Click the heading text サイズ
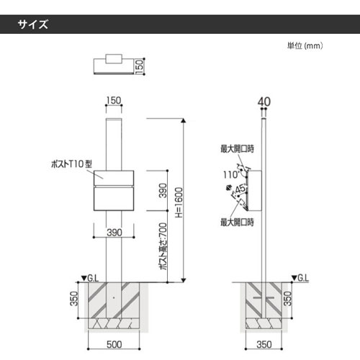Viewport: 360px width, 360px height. pos(33,24)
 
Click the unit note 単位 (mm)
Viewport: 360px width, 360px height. pos(305,45)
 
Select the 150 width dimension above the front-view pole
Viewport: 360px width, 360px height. pos(113,100)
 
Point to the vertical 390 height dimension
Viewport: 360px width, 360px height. pos(163,191)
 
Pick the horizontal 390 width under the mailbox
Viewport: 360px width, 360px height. pos(114,233)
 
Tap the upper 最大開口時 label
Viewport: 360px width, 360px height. pos(238,149)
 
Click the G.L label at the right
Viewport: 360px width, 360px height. pos(302,276)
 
